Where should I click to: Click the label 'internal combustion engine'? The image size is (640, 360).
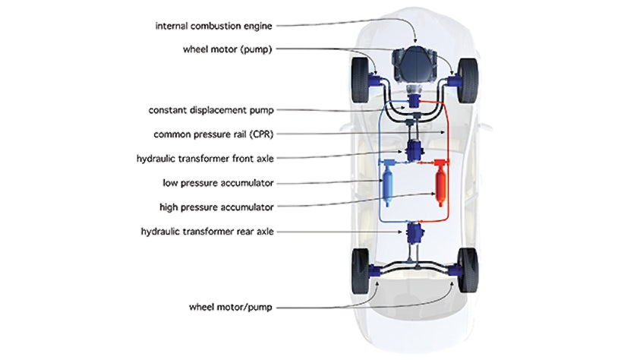click(x=213, y=26)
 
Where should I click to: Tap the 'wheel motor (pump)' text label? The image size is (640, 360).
click(x=227, y=49)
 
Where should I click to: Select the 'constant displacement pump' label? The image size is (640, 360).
click(x=211, y=110)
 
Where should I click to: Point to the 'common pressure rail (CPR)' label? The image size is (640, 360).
click(x=213, y=134)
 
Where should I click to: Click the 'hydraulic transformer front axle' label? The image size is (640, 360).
click(x=205, y=159)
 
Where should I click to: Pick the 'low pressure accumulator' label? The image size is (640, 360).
click(x=218, y=183)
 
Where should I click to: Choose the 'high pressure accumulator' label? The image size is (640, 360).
click(x=216, y=207)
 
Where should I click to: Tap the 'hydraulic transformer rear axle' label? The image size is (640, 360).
click(x=207, y=232)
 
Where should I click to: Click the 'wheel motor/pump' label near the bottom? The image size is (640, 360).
click(x=231, y=307)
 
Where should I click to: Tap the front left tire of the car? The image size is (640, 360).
click(x=360, y=80)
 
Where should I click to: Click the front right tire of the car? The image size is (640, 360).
click(x=468, y=80)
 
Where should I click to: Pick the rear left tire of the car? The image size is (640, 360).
click(x=360, y=271)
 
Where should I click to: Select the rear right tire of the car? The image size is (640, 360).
click(x=468, y=270)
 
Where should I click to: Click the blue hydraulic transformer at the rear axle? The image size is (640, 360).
click(x=415, y=233)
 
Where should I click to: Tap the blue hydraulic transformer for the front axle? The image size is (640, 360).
click(x=415, y=150)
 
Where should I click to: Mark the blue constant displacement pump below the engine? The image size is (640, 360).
click(x=415, y=101)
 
